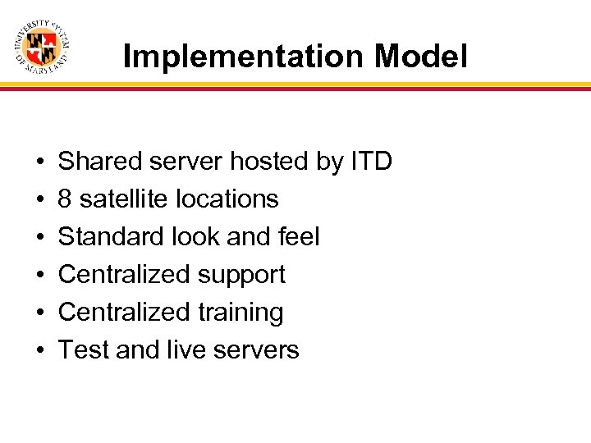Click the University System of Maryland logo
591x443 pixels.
pos(41,46)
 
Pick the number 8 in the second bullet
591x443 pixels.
pos(65,199)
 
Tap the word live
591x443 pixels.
pos(186,350)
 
